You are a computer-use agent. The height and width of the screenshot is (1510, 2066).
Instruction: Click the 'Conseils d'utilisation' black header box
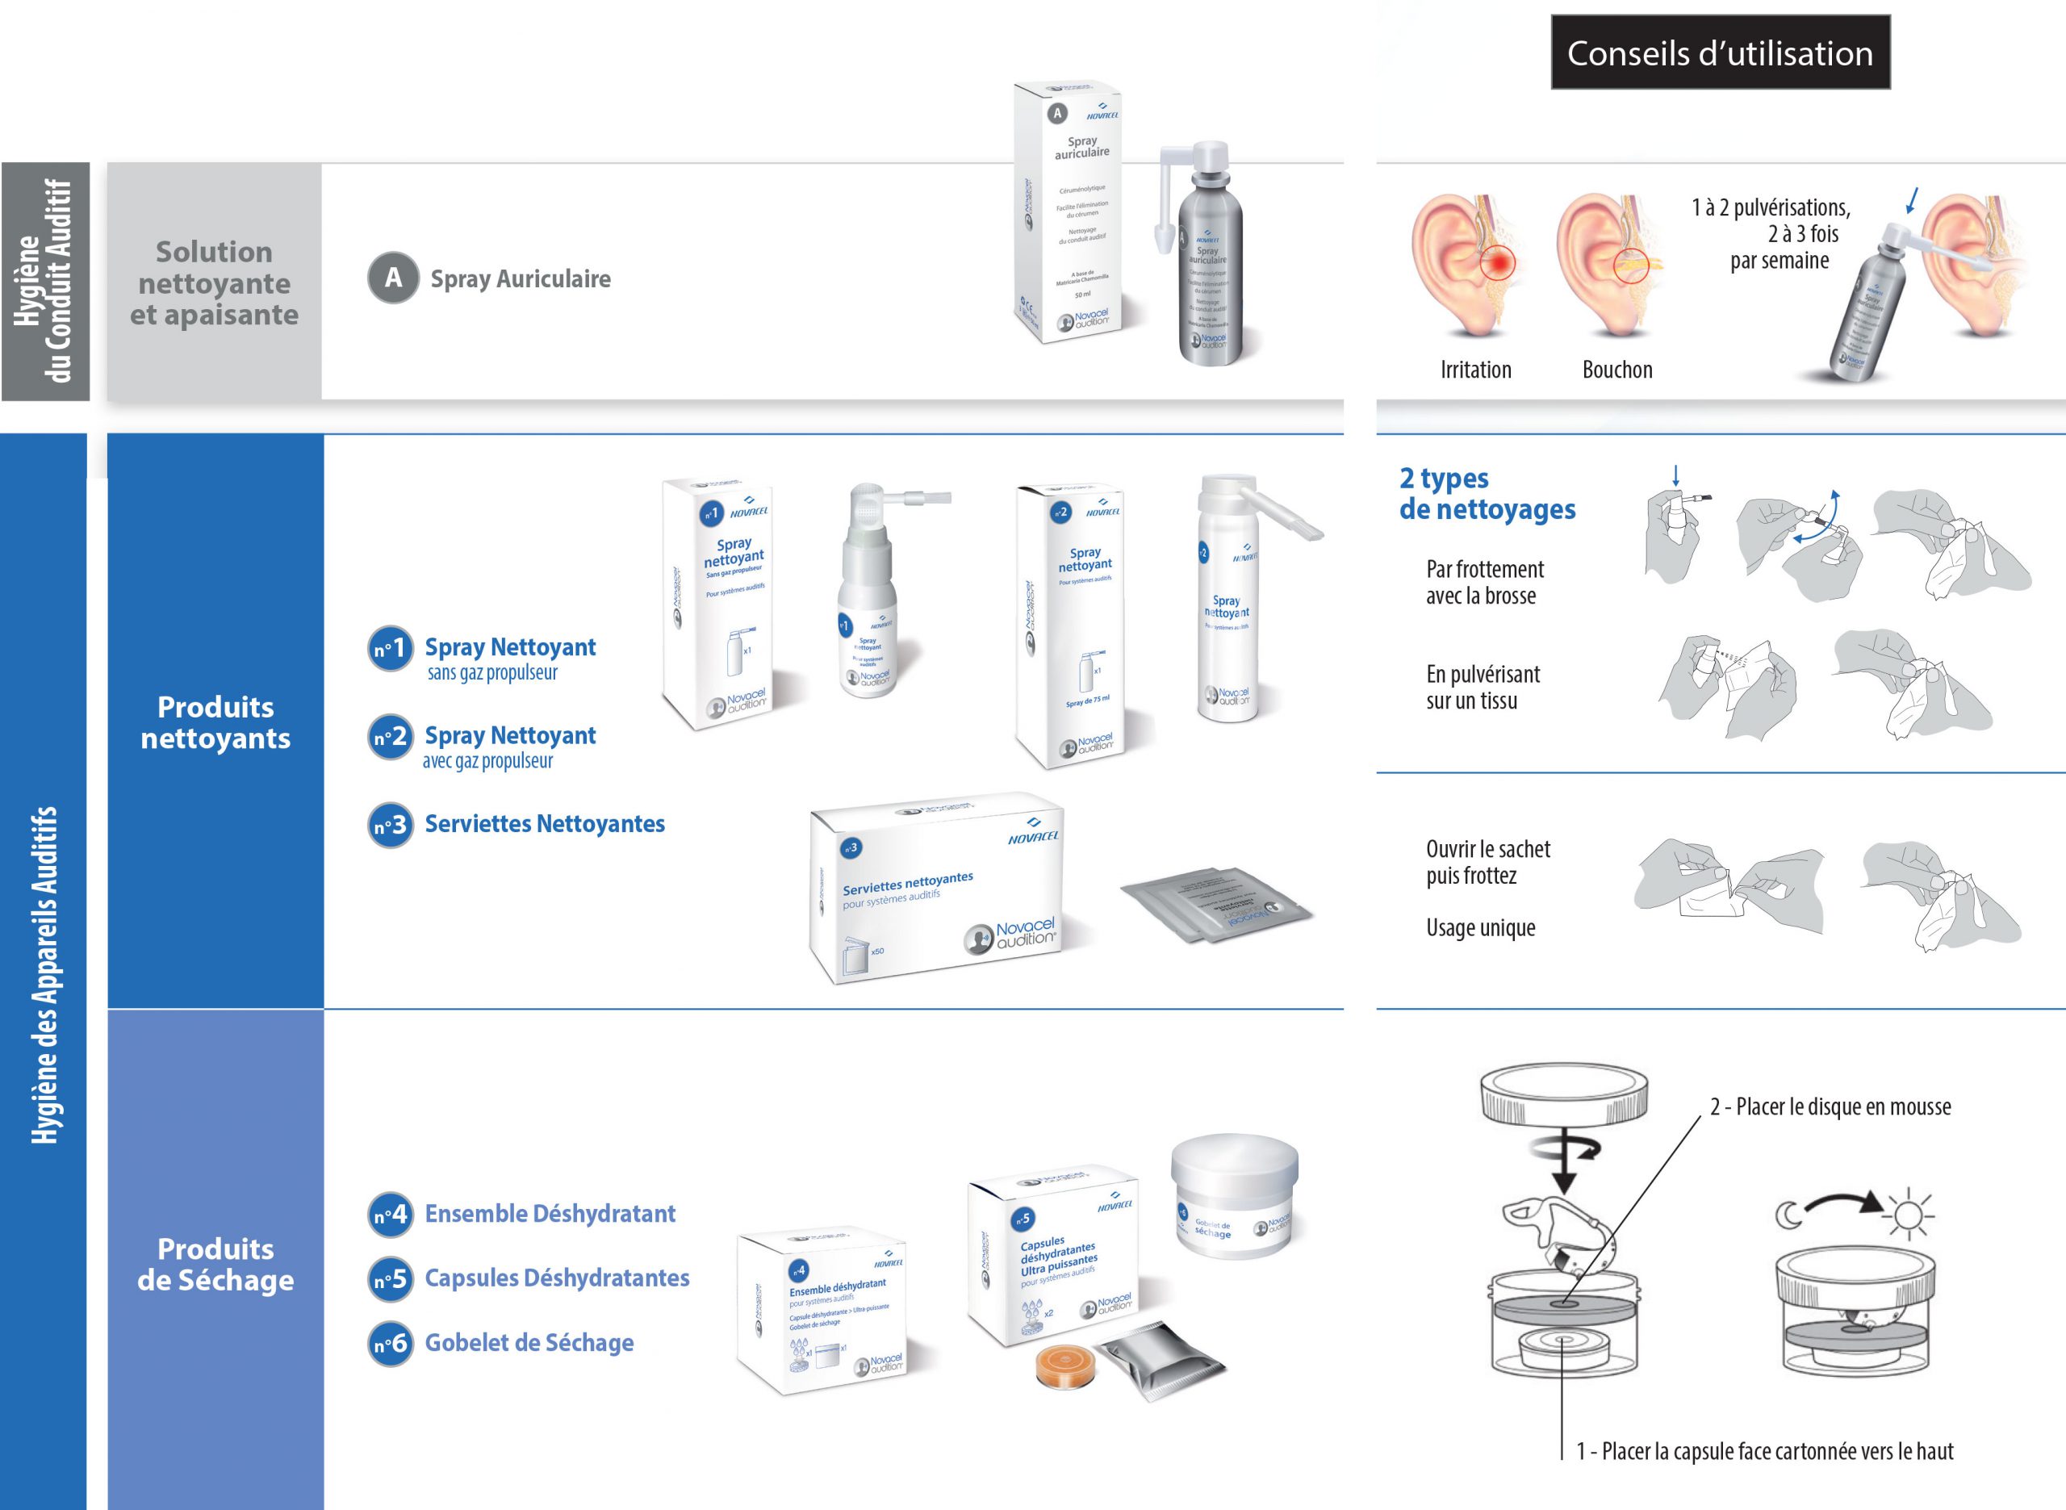(1720, 53)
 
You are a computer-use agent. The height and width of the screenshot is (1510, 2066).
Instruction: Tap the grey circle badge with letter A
(393, 278)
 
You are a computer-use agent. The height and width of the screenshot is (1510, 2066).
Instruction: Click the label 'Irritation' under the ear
(1476, 370)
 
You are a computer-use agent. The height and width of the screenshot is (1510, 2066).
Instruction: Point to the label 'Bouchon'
(1617, 370)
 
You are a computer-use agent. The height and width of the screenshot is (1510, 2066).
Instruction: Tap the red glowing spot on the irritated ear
(1495, 263)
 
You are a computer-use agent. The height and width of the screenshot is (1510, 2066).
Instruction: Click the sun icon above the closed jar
(1908, 1215)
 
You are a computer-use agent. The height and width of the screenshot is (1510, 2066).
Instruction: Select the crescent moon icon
(1788, 1215)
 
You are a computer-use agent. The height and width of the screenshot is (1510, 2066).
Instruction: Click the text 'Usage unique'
(1480, 929)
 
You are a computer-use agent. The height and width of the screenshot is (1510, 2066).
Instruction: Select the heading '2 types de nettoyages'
(1487, 494)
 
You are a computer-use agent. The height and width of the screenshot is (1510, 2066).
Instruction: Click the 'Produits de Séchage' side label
(215, 1265)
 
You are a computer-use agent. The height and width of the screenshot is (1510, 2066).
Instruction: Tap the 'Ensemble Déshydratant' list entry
(550, 1215)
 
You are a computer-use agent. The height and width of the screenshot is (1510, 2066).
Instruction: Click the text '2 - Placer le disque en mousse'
(1830, 1107)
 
